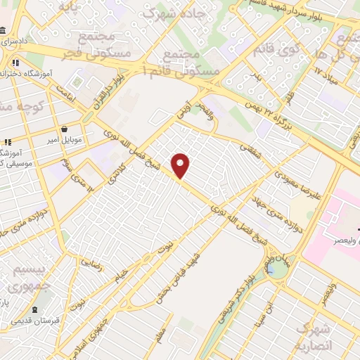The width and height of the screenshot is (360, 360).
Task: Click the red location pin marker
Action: pos(181,165)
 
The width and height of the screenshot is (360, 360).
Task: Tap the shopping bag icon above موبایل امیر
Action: pos(65,129)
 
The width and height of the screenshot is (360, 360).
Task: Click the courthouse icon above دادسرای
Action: pos(4,32)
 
